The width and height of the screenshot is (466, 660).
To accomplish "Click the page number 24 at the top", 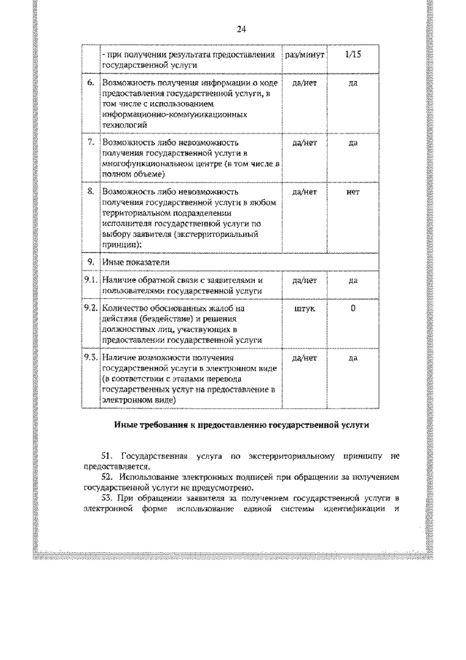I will click(242, 29).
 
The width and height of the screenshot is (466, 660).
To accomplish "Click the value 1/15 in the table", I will click(352, 55).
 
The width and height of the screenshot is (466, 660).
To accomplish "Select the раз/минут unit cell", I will click(304, 55).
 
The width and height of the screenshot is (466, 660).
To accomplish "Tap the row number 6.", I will click(90, 84).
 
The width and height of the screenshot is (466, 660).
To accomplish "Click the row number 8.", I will click(90, 192).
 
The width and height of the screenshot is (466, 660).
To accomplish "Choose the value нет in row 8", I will click(352, 192).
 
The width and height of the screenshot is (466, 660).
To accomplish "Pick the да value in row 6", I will click(352, 84).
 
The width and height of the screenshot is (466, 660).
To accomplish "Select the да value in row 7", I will click(352, 143).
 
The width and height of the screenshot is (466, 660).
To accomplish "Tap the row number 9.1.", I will click(90, 280).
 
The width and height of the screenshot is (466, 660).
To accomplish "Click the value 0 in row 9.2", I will click(352, 308).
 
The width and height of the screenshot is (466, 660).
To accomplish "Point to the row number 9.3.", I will click(90, 357).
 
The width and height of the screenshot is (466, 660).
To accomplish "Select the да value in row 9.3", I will click(352, 357).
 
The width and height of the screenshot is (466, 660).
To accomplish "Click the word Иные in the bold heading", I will click(127, 424).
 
